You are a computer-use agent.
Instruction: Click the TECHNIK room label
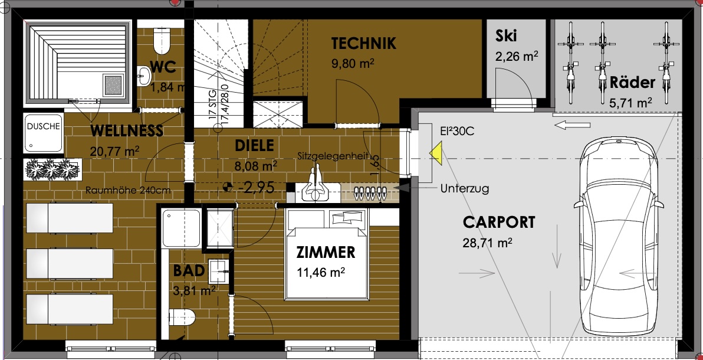point(364,44)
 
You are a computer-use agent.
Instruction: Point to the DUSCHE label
point(43,126)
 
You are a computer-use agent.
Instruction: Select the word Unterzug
point(465,188)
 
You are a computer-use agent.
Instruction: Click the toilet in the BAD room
point(182,318)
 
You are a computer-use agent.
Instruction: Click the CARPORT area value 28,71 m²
point(487,243)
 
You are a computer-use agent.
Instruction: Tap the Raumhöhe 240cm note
point(128,190)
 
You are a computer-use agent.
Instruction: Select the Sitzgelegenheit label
point(333,156)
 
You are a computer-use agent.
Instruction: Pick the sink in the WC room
point(144,76)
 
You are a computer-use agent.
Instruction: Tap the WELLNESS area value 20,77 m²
point(116,150)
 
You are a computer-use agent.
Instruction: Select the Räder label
point(633,83)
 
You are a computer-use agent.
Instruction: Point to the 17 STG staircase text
point(213,104)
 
